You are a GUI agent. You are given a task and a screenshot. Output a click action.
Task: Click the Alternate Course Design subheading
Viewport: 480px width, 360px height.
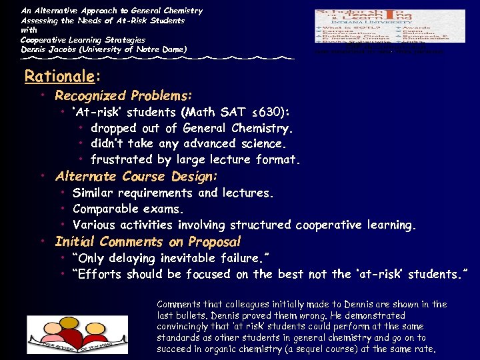(137, 177)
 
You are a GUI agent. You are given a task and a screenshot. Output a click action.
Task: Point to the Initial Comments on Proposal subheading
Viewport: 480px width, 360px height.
(148, 242)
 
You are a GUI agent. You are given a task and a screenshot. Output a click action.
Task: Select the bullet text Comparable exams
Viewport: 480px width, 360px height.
(127, 209)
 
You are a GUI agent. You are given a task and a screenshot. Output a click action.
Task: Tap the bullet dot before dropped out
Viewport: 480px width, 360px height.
(80, 128)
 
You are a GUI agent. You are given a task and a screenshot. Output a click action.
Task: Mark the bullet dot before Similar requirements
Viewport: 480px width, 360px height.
(63, 193)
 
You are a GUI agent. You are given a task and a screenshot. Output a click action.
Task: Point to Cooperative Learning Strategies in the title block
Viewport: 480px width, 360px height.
(83, 39)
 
